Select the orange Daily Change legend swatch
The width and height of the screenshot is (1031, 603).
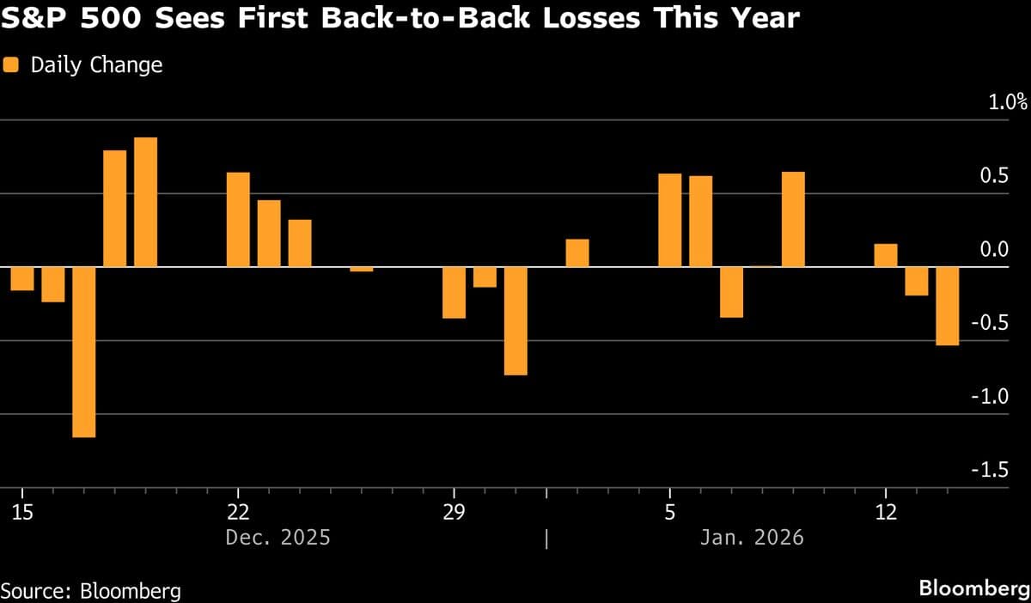(x=11, y=64)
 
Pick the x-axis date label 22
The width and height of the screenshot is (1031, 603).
(x=237, y=513)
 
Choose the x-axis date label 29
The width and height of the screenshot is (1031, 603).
(x=454, y=513)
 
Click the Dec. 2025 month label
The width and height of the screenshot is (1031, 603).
(x=278, y=538)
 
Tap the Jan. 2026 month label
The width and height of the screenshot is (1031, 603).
(x=752, y=538)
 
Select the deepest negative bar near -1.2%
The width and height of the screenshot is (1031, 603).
(x=84, y=352)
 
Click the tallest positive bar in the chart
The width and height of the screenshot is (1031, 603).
(x=146, y=202)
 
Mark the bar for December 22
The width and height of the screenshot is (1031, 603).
(x=238, y=220)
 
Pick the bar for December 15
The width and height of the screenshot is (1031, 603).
(x=22, y=279)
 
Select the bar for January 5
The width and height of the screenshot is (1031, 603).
(x=670, y=221)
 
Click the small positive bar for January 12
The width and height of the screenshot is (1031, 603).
(x=886, y=256)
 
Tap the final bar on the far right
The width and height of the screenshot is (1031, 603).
(x=948, y=307)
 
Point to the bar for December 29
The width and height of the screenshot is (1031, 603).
(x=454, y=293)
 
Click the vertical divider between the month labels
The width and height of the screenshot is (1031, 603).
(x=546, y=539)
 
